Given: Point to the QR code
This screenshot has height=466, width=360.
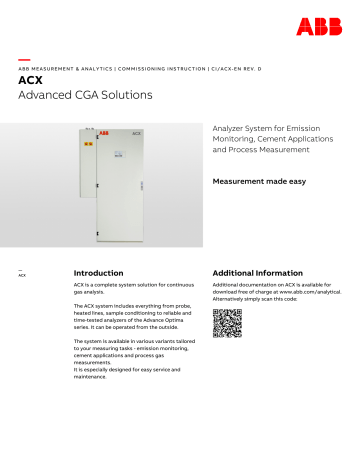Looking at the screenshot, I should (x=227, y=325).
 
